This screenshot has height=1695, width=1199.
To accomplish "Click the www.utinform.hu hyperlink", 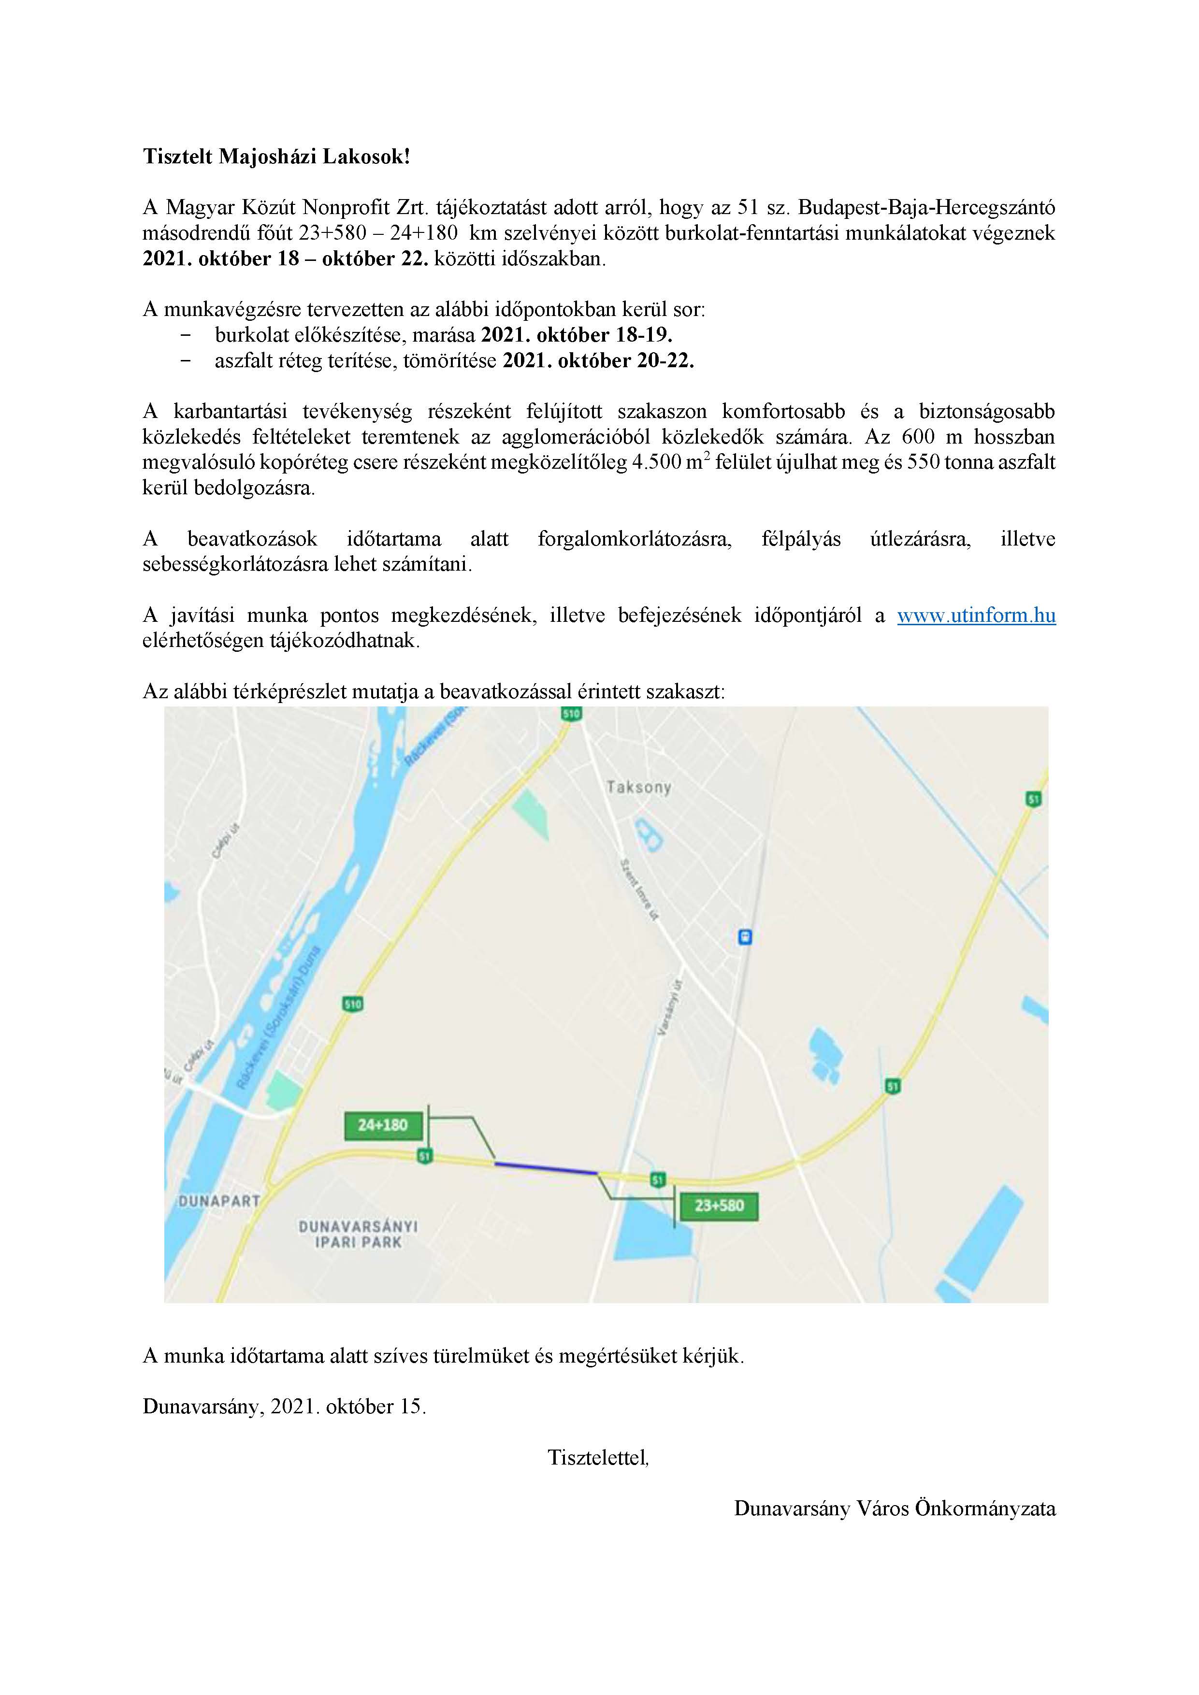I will point(976,616).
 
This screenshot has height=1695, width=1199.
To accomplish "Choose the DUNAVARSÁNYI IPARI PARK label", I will point(358,1235).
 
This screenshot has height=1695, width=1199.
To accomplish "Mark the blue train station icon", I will point(746,937).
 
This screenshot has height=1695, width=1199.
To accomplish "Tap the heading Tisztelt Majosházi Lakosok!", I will point(276,157).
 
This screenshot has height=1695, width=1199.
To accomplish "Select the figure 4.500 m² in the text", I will point(671,463).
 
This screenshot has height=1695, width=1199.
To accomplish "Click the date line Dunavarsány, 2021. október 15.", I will point(284,1407).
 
